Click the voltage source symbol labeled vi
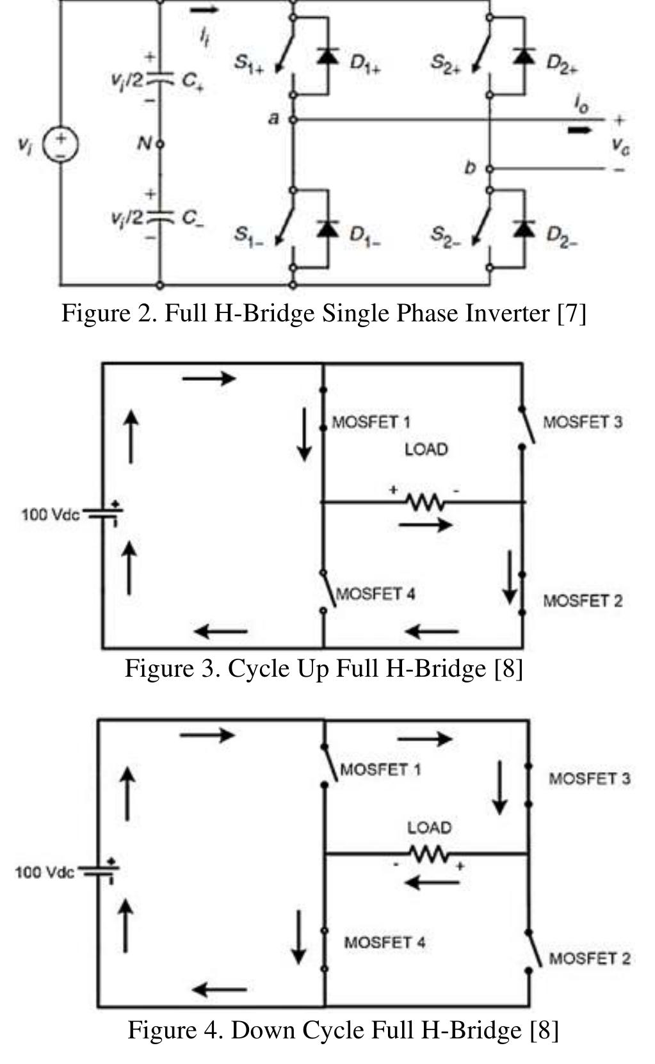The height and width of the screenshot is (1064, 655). click(x=60, y=145)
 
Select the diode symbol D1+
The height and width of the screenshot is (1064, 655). click(x=328, y=56)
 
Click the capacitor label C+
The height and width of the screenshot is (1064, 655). click(x=192, y=81)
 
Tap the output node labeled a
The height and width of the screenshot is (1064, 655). click(x=293, y=119)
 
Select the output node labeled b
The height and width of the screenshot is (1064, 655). click(x=489, y=168)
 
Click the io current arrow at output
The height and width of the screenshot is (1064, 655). click(x=580, y=130)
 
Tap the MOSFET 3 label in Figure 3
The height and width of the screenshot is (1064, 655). click(x=583, y=422)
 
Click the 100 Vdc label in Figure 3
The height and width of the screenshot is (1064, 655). click(x=50, y=515)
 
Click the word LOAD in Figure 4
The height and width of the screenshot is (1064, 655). click(x=429, y=827)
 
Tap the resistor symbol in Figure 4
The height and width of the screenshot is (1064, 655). click(x=428, y=853)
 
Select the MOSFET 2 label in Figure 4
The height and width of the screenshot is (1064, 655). click(x=589, y=958)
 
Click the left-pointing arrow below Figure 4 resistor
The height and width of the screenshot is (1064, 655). click(x=432, y=883)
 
